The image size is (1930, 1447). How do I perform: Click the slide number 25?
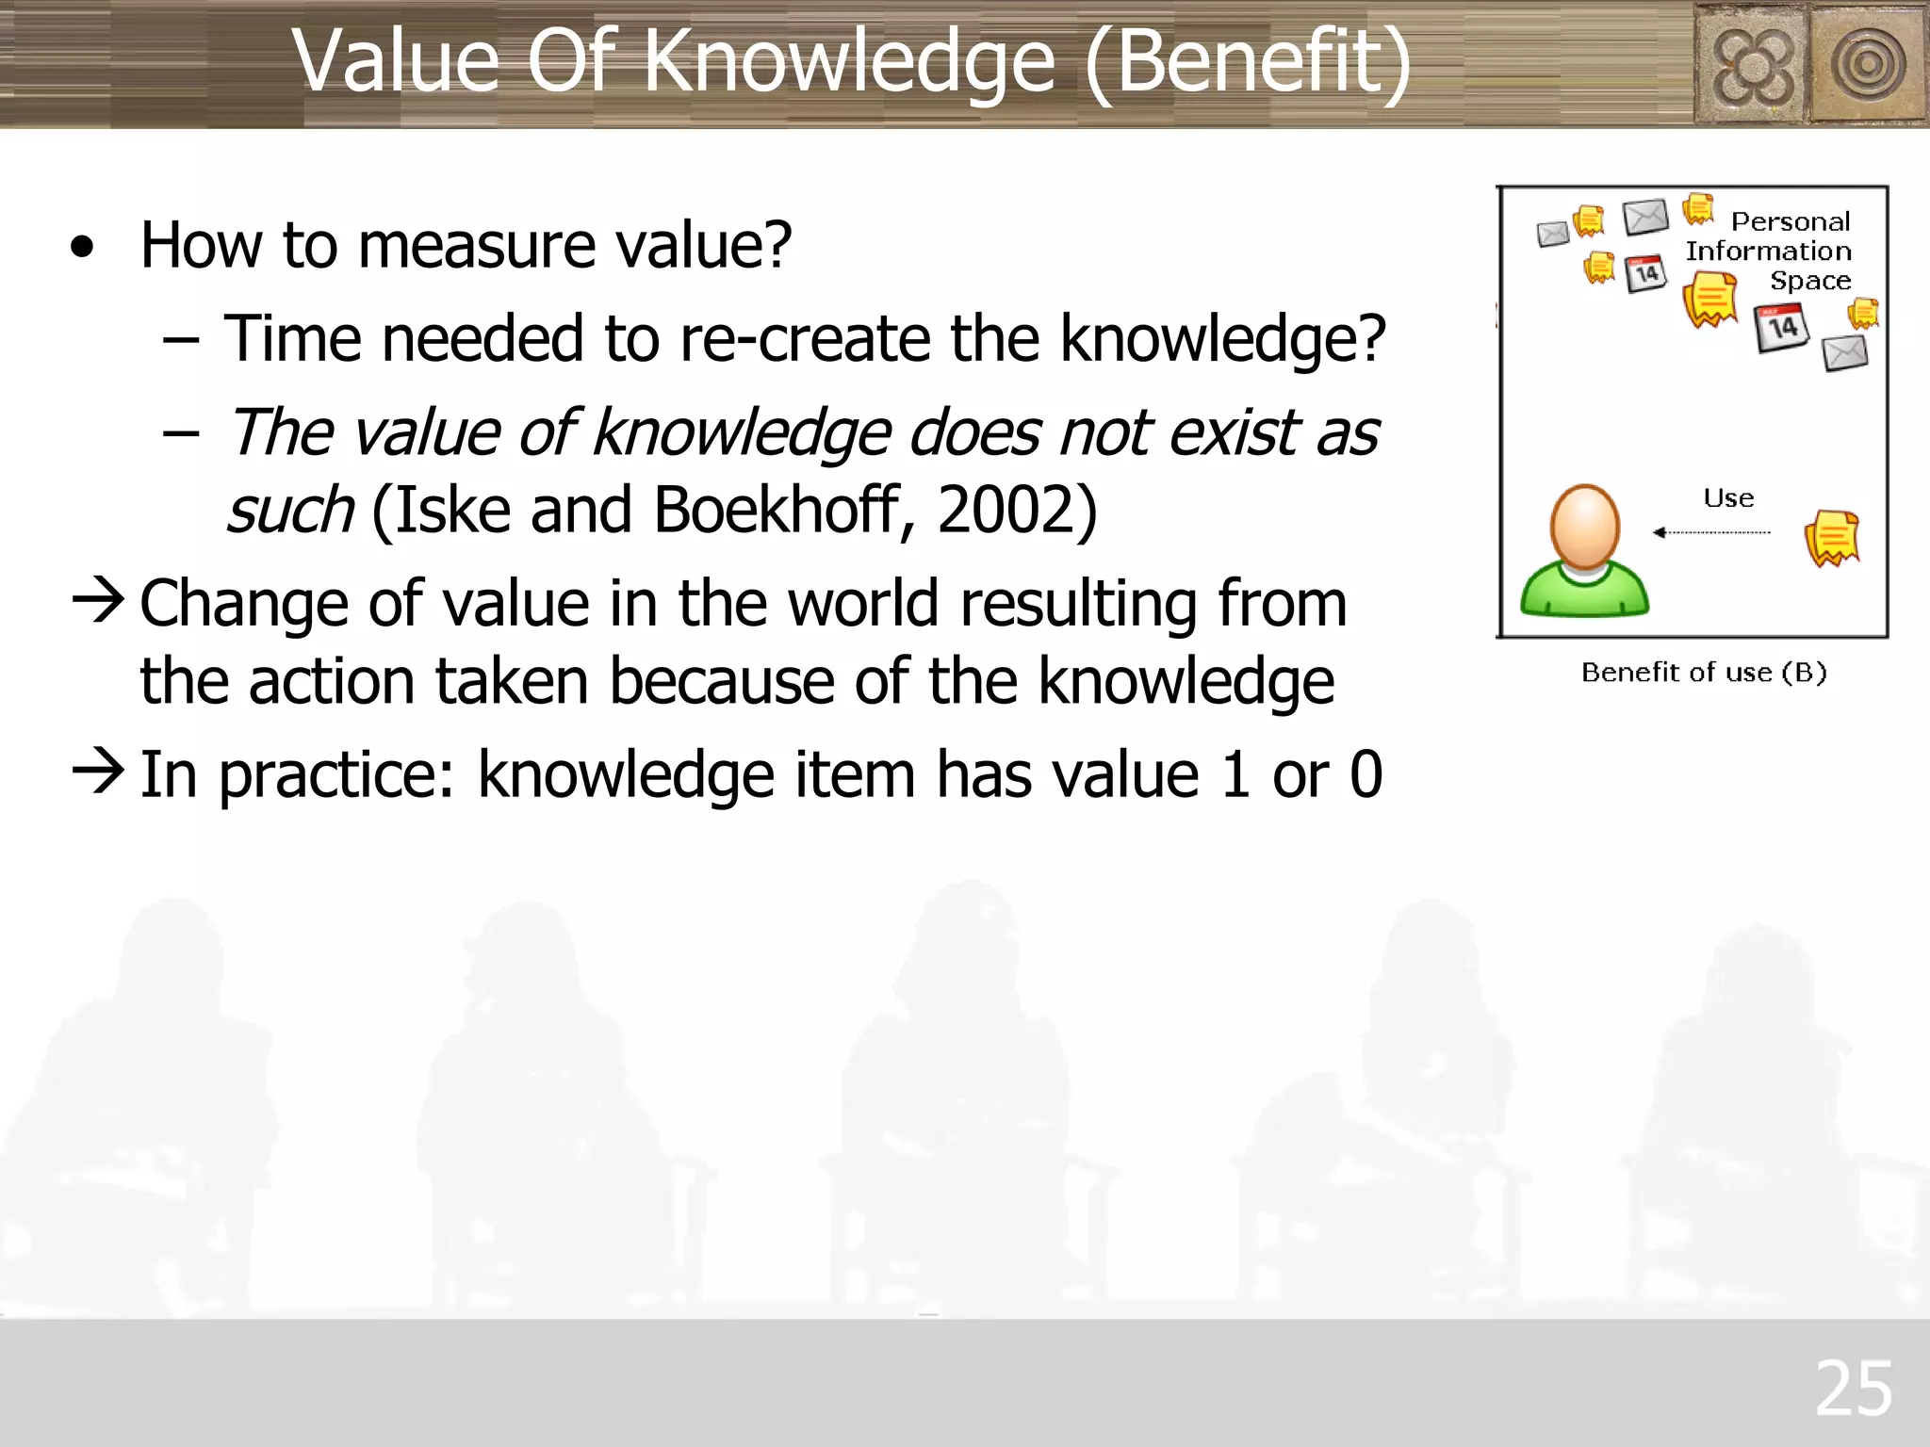coord(1853,1389)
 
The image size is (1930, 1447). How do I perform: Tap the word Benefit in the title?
coord(1249,61)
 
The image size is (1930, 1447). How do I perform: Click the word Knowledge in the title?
coord(849,61)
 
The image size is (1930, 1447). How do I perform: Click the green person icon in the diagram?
coord(1584,554)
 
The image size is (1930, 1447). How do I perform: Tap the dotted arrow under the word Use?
coord(1711,532)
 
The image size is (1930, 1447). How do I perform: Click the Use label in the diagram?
coord(1728,498)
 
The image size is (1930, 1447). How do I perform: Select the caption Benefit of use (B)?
coord(1704,673)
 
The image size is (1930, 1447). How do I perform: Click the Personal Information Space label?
coord(1770,251)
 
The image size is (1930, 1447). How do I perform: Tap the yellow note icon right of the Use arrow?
coord(1832,538)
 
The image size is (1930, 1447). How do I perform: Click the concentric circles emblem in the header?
coord(1868,65)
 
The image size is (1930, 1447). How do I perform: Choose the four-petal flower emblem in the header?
coord(1752,65)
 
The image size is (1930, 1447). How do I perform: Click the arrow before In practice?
coord(98,772)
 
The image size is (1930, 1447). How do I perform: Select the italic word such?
coord(290,510)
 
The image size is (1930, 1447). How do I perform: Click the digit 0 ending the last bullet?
coord(1366,774)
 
